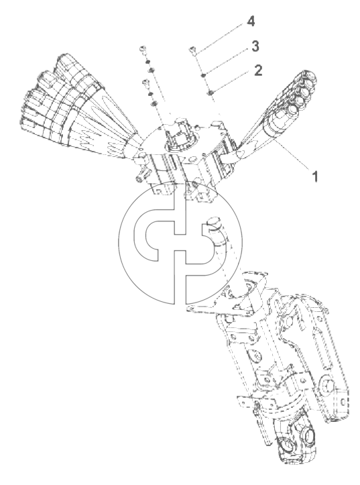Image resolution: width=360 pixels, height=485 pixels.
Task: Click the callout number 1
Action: coord(314,177)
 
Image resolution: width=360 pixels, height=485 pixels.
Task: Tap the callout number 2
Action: coord(258,70)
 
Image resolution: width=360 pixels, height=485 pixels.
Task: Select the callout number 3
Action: coord(255,46)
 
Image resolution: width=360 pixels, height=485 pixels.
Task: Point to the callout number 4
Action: coord(251,21)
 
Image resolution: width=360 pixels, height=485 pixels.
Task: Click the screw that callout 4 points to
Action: coord(192,50)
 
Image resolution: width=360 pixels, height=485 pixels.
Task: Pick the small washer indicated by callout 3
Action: coord(203,76)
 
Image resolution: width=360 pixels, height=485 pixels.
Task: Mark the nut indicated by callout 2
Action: coord(211,92)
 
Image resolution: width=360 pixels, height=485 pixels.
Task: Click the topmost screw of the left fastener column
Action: coord(142,50)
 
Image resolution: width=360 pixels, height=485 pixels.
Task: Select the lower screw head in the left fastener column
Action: coord(145,83)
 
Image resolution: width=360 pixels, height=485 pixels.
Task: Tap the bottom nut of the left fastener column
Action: coord(154,103)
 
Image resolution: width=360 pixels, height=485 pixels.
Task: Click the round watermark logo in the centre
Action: coord(181,242)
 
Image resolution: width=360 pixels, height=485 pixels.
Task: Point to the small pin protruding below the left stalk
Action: coord(140,178)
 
